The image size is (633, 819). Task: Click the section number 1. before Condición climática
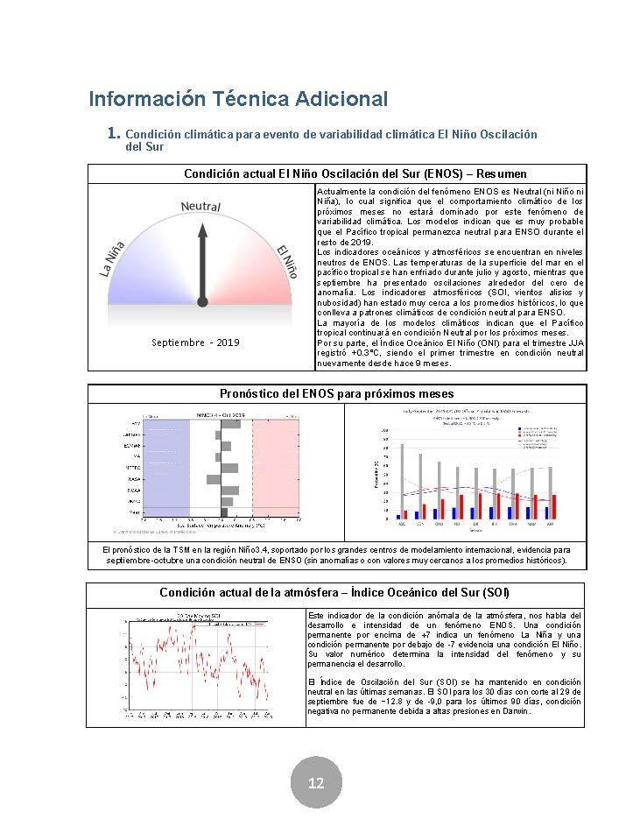tap(113, 133)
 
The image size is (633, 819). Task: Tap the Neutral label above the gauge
tap(200, 207)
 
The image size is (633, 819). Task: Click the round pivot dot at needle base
tap(202, 301)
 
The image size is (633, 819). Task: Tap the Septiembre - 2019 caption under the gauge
tap(194, 342)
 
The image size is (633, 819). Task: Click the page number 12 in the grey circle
tap(316, 782)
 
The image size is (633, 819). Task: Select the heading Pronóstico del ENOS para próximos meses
tap(336, 394)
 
